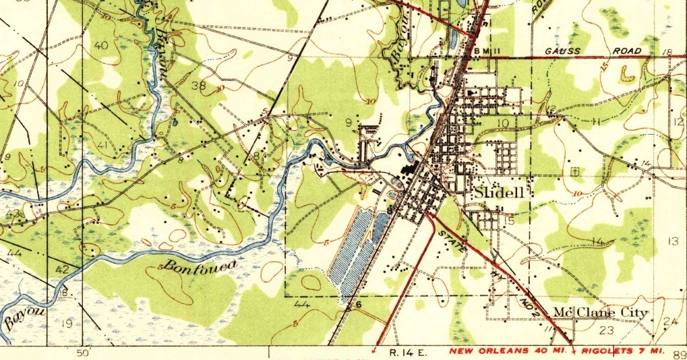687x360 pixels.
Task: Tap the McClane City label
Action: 600,313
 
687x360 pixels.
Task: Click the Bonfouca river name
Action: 199,266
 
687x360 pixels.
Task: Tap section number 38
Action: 198,86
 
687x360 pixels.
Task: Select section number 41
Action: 103,146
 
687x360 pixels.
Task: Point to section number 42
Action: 62,270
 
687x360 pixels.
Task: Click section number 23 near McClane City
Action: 606,330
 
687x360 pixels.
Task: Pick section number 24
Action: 669,322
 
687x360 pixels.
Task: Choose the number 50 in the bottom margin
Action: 84,352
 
